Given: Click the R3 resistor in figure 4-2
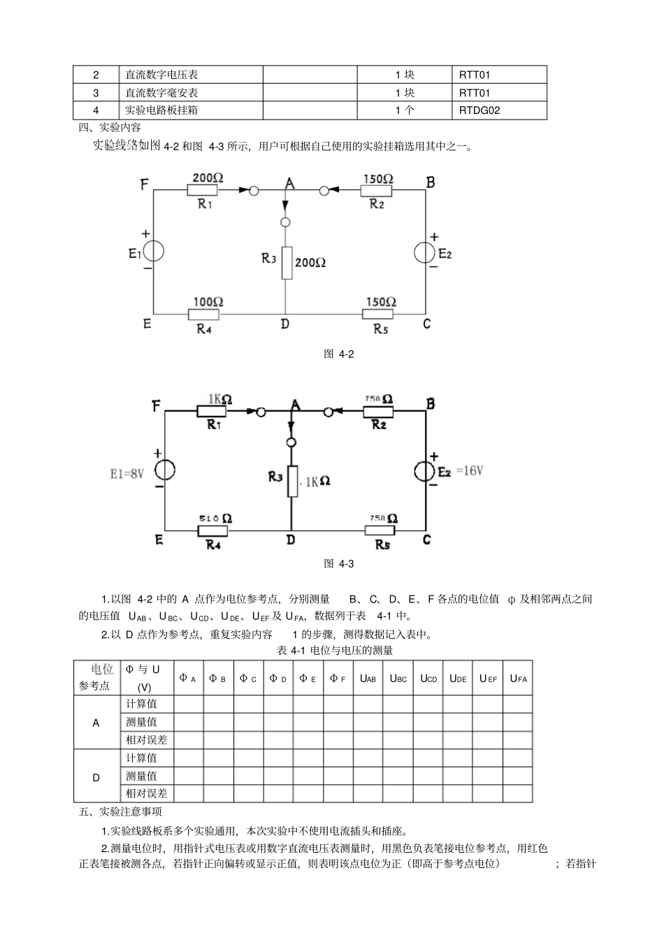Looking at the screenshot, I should coord(287,263).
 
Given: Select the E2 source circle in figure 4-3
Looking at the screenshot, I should coord(424,471).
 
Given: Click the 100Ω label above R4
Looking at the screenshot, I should coord(208,302).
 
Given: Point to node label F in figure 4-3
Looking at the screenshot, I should coord(157,406).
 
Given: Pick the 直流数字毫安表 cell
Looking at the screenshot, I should coord(161,92).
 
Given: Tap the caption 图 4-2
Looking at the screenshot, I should coord(339,354).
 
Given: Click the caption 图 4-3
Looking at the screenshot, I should coord(339,563).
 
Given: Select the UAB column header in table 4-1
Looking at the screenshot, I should coord(368,678).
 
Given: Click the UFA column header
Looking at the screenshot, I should coord(518,678).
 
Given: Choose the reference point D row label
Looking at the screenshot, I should coord(96,777).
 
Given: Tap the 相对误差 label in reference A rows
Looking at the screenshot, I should coord(147,740).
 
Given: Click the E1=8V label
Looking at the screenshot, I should coord(127,474).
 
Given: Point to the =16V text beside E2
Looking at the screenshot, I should coord(469,471).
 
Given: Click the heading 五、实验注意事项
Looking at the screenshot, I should coord(120,812).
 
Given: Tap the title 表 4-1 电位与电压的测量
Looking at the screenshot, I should coord(335,651).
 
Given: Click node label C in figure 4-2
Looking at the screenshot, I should coord(427,324).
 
